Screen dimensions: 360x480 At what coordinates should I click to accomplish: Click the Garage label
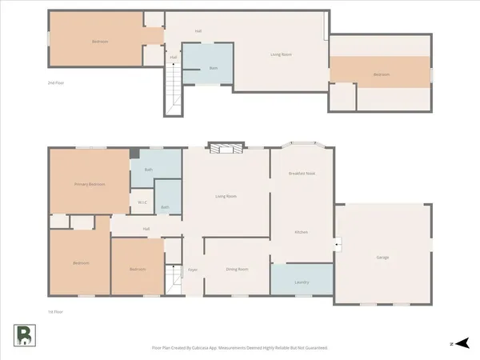[382, 258]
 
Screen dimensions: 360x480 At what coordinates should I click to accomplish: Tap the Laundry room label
[302, 282]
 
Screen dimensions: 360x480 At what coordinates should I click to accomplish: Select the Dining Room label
[237, 270]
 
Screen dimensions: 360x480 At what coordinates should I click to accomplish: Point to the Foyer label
[193, 270]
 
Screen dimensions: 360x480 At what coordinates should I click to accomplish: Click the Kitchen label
[302, 232]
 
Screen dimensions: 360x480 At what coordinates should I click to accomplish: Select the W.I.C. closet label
[141, 202]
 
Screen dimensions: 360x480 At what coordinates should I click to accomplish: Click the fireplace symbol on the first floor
[224, 148]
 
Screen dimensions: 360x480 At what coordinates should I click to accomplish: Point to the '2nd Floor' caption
[55, 82]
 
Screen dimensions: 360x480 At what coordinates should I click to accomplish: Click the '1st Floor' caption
[55, 311]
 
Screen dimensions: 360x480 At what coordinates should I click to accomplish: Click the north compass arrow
[458, 343]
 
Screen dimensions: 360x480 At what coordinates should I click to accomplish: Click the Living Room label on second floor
[280, 54]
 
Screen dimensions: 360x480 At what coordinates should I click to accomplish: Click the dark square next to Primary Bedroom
[134, 153]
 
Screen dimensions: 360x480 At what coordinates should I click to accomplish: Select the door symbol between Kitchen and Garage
[337, 244]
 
